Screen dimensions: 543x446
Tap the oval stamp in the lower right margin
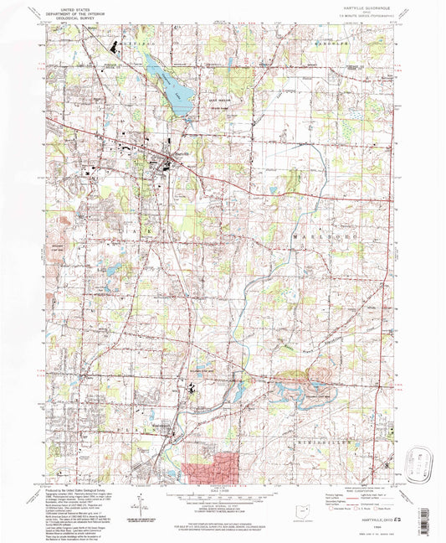point(420,462)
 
